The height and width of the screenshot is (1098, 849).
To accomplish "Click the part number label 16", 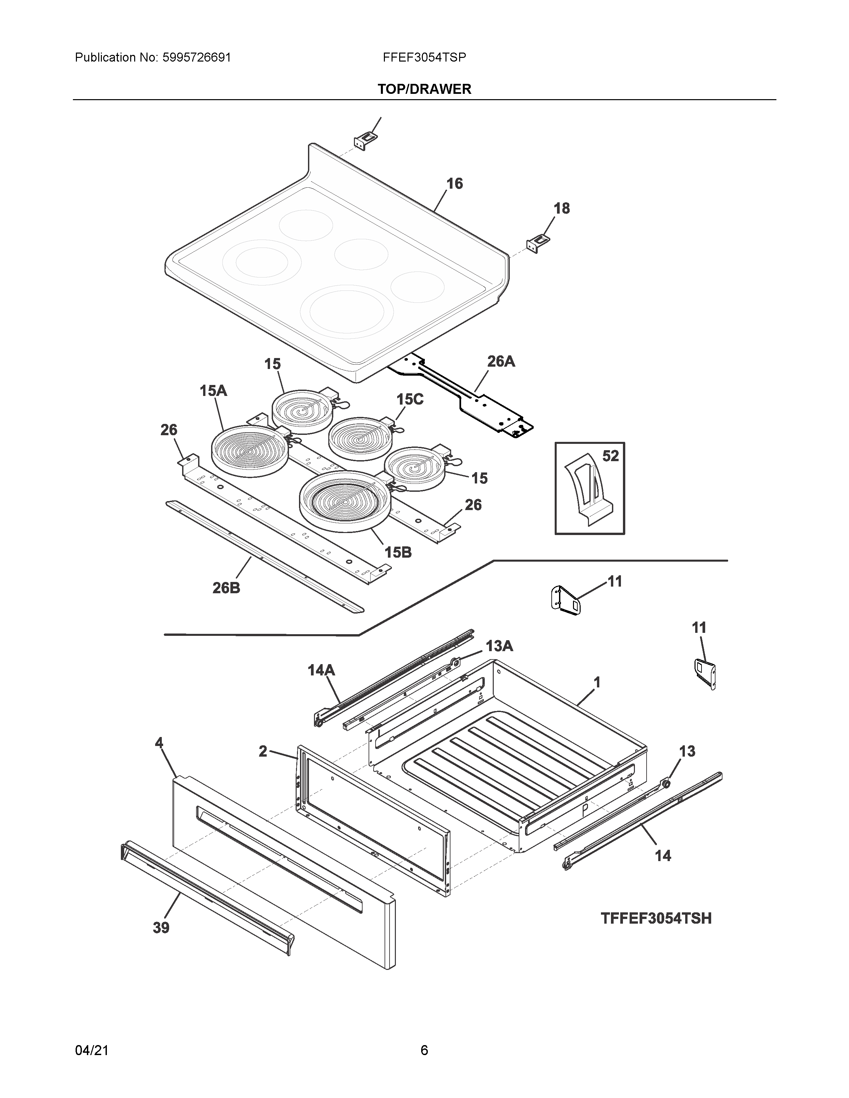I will [x=454, y=184].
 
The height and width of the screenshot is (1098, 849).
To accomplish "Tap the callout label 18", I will [x=561, y=208].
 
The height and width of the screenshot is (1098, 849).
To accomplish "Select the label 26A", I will [x=501, y=361].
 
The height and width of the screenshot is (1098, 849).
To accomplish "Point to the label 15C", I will [x=410, y=399].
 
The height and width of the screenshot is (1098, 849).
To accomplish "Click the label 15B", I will [x=398, y=553].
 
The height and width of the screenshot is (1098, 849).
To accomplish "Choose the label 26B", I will [x=226, y=587].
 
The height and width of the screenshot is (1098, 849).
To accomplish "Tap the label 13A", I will [x=499, y=646].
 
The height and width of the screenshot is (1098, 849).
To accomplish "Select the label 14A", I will [x=321, y=670].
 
